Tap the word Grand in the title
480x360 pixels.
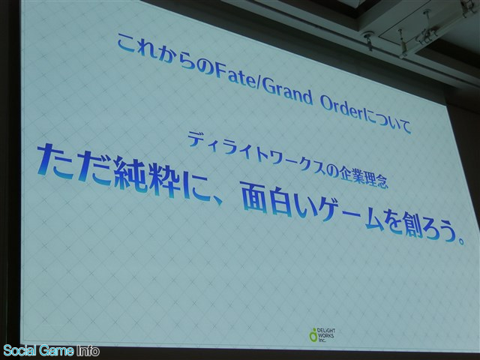click(x=287, y=91)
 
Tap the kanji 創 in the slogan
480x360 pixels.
click(x=413, y=226)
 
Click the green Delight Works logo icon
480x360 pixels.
click(x=313, y=335)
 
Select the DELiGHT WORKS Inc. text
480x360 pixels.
click(x=325, y=335)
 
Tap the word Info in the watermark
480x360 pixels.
click(x=88, y=351)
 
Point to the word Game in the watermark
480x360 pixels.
click(x=57, y=350)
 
